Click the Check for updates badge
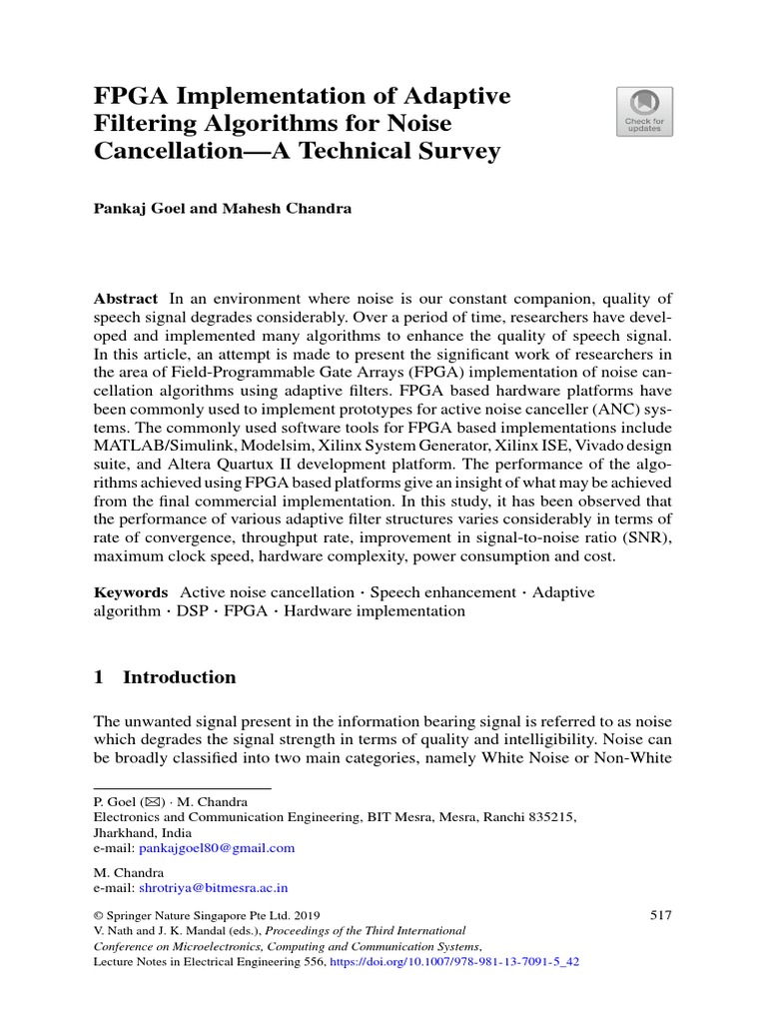pyautogui.click(x=643, y=111)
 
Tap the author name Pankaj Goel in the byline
pyautogui.click(x=136, y=209)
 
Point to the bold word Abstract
pyautogui.click(x=126, y=299)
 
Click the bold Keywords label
pyautogui.click(x=131, y=592)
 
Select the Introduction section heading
pyautogui.click(x=179, y=677)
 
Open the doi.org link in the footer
pyautogui.click(x=454, y=962)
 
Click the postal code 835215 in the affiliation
pyautogui.click(x=550, y=816)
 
